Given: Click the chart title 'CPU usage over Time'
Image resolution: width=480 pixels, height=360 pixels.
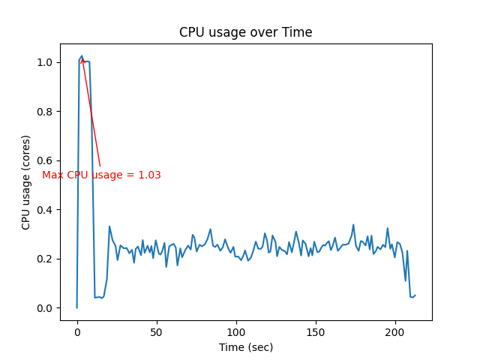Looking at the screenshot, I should [x=245, y=32].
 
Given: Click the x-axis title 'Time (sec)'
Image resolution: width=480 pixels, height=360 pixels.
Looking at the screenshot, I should [x=245, y=347].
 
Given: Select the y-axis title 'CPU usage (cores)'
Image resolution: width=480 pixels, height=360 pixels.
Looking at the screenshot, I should [x=26, y=182].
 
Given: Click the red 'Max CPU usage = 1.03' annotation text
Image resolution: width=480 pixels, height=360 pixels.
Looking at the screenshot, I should [x=101, y=175].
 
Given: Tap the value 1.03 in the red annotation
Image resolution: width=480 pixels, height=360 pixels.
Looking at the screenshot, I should [x=149, y=175].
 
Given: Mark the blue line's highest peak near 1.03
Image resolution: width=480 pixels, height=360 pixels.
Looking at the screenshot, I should [x=82, y=55].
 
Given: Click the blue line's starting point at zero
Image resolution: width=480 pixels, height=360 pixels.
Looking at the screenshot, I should [x=76, y=307].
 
